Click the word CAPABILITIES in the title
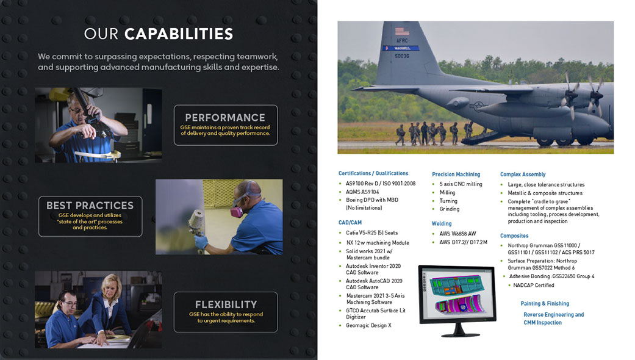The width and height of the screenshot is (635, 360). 179,34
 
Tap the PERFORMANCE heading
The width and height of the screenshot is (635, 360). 225,117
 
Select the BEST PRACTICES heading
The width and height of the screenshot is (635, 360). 90,205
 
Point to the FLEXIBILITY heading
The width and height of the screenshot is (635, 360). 226,304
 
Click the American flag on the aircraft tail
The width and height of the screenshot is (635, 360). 402,31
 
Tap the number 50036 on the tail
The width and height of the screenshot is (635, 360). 402,56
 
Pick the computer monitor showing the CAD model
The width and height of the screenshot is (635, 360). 457,300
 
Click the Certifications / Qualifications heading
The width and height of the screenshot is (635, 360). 373,173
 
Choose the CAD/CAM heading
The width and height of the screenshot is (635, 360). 350,223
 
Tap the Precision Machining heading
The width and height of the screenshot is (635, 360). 456,175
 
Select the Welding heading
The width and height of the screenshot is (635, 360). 442,223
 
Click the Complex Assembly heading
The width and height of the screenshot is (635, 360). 523,175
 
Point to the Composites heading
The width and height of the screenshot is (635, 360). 514,236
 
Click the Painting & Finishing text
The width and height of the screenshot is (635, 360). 545,303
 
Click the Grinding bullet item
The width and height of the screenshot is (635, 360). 447,209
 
